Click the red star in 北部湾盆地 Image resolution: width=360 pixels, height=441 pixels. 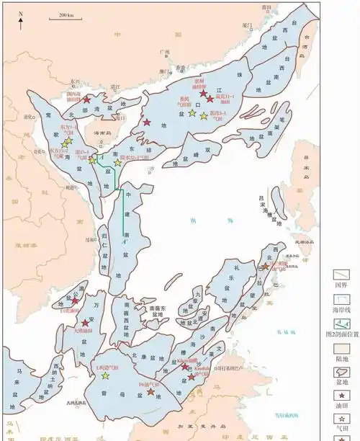point(86,101)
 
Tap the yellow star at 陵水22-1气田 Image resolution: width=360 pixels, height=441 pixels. point(117,163)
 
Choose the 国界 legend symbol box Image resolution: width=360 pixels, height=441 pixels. point(341,275)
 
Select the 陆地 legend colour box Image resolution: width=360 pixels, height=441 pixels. point(341,349)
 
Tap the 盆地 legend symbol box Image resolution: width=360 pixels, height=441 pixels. point(341,372)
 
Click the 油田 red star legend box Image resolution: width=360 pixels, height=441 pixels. point(341,394)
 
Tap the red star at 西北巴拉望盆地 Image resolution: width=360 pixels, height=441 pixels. point(265,266)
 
